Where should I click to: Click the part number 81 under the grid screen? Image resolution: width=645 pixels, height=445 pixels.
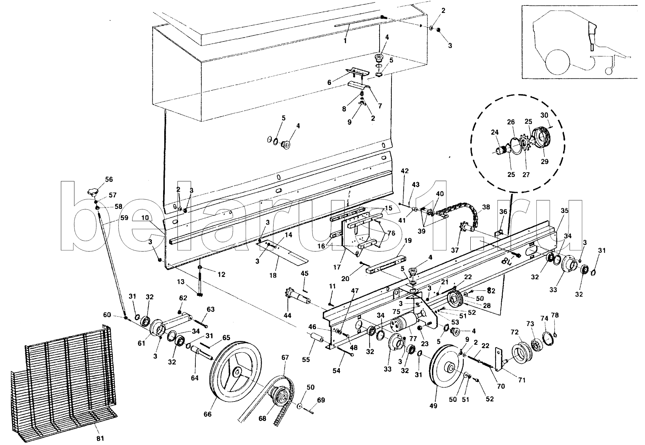coord(100,438)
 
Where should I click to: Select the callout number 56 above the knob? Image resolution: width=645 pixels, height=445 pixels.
coord(109,179)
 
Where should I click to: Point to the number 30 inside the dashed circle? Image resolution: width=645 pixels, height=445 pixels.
coord(544,115)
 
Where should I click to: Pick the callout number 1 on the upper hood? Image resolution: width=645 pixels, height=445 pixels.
coord(345,40)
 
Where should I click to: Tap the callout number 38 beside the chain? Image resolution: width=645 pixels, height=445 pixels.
coord(486,207)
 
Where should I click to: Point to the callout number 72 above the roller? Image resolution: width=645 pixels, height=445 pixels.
coord(515,331)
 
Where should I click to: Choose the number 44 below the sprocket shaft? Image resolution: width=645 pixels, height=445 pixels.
coord(287,316)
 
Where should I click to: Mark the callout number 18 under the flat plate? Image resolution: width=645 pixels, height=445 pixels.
coord(273,275)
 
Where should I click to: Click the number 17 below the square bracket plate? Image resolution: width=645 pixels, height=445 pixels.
coord(337,267)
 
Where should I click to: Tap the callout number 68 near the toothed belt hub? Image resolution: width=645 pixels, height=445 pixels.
coord(262,419)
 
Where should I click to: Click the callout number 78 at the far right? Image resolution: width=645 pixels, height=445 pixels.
coord(555,316)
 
